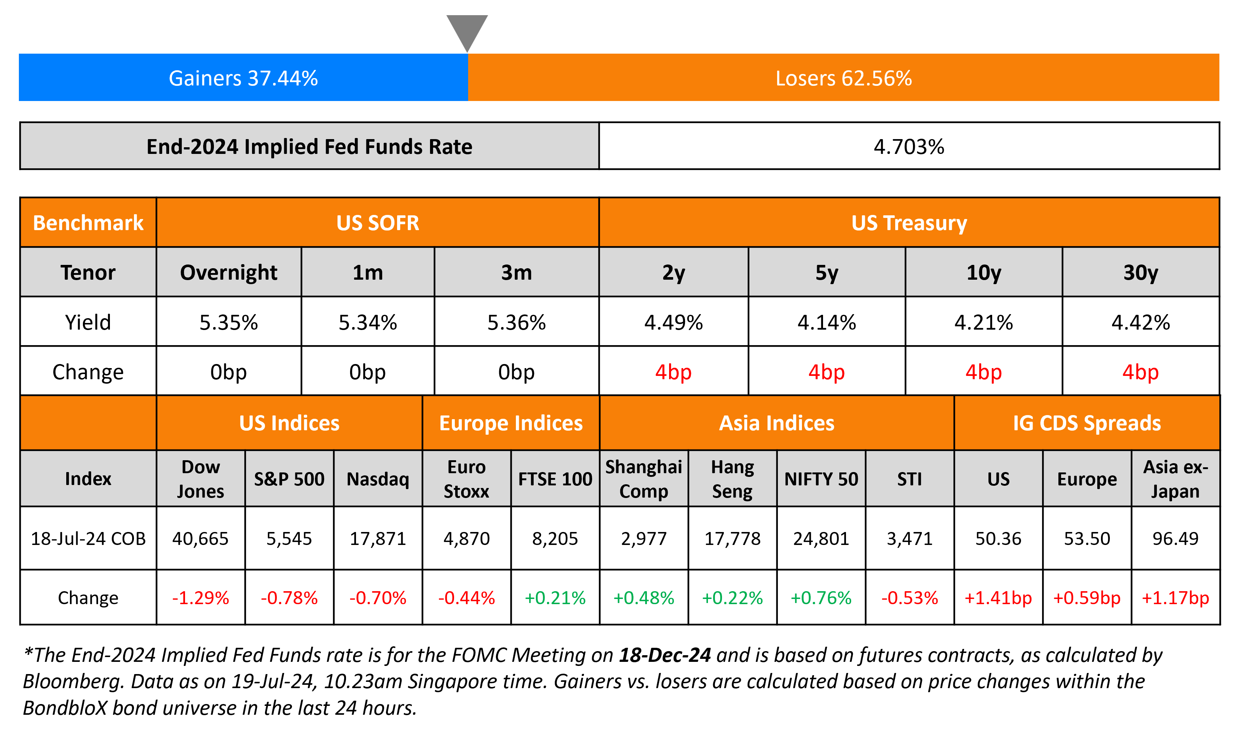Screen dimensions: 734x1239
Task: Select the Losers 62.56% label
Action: coord(843,78)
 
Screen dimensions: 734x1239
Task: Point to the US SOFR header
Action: coord(377,223)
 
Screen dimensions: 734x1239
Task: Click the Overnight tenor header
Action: coord(228,273)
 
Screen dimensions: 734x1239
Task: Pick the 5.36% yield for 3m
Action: coord(516,323)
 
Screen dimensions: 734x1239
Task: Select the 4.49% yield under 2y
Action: coord(673,323)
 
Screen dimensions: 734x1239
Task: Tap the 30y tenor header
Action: coord(1140,273)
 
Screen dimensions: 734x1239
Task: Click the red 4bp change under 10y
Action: coord(983,372)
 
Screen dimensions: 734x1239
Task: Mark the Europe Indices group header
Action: coord(511,423)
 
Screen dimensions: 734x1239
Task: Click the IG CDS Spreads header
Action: coord(1087,423)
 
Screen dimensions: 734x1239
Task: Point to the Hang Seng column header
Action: coord(732,479)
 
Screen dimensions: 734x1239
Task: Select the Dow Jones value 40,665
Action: coord(200,539)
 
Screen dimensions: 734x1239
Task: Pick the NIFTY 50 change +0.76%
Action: coord(821,598)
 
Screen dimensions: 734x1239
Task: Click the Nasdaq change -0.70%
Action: coord(378,598)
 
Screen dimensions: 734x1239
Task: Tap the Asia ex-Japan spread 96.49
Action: coord(1175,539)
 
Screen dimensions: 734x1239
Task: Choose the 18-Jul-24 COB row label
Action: coord(88,539)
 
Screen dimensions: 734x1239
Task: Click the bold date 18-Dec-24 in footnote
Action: coord(665,655)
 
